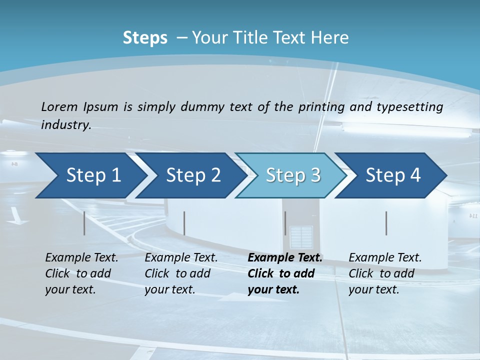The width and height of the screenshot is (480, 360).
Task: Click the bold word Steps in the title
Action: coord(145,38)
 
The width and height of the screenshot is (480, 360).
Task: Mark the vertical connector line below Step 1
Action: coord(84,223)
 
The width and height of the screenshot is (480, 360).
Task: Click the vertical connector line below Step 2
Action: coord(184,223)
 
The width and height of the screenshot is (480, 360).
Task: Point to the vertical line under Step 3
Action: coord(285,223)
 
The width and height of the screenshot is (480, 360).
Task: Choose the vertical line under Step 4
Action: coord(386,223)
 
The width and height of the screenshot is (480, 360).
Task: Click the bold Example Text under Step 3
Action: coord(285,258)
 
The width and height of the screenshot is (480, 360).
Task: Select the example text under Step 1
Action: coord(81,273)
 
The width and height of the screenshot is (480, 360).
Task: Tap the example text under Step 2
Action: coord(181,273)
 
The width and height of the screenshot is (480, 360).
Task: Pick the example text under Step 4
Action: coord(385,273)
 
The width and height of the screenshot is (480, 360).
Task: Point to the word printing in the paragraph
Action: coord(321,106)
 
